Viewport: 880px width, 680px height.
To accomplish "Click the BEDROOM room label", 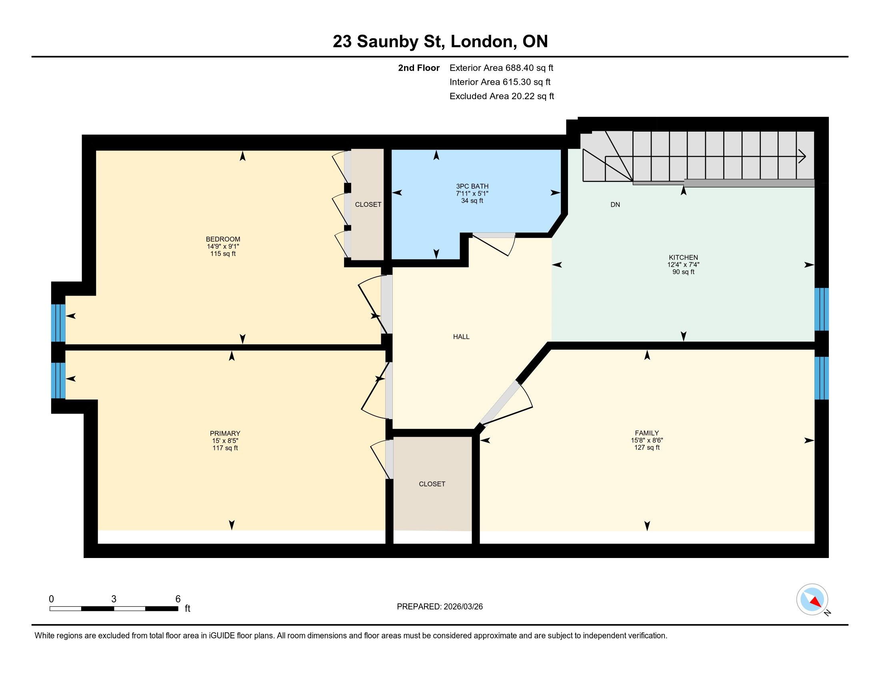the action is (223, 239).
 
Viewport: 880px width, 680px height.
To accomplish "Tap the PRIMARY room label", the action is (225, 434).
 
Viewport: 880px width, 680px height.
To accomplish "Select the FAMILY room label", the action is (647, 433).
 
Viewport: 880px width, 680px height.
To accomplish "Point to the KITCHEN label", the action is (683, 258).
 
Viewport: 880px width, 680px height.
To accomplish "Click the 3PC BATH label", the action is (472, 186).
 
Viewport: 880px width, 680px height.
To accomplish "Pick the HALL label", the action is (461, 337).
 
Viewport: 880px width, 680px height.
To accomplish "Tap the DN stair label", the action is (615, 205).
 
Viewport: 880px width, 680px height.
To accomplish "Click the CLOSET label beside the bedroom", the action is (368, 205).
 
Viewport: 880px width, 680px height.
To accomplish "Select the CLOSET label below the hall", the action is (432, 484).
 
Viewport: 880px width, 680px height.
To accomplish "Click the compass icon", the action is (812, 600).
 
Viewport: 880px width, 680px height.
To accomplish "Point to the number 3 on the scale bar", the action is (114, 599).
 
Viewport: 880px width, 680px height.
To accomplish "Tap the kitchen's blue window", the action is (822, 309).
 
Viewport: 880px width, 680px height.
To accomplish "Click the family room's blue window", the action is (822, 378).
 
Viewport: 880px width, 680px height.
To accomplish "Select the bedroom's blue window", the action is (58, 323).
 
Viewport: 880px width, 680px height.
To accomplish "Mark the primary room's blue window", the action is (58, 381).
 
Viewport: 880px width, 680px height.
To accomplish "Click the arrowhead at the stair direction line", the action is (802, 156).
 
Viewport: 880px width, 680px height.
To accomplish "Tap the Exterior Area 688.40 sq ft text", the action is (501, 68).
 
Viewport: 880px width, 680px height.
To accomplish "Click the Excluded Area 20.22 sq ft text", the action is (502, 96).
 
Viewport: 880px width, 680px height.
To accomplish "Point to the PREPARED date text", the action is (440, 606).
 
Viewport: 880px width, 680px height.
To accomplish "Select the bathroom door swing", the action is (494, 244).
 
